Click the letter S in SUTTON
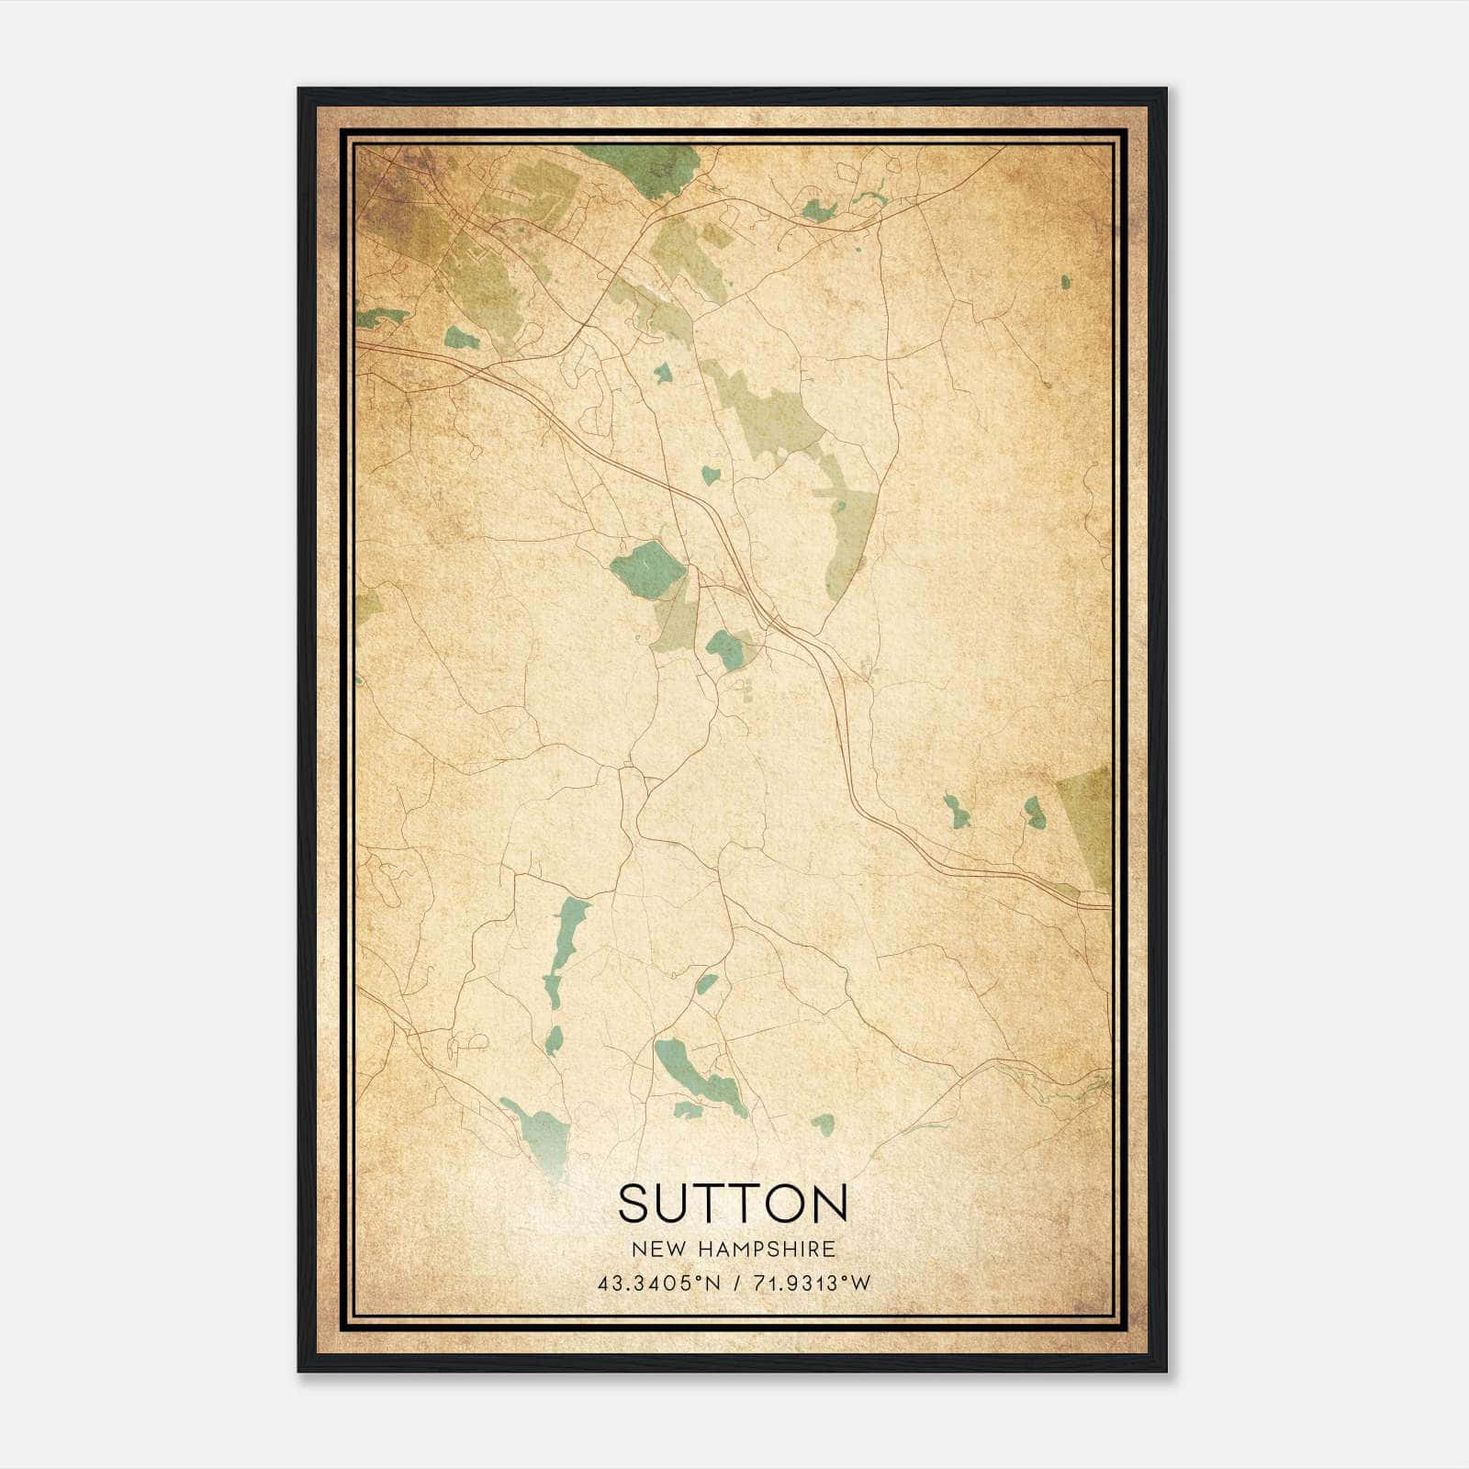634,1203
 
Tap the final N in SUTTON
828,1203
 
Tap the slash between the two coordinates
734,1284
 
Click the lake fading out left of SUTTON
542,1134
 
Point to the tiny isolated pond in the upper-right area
1065,282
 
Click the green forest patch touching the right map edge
1088,822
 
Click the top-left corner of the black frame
300,90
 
